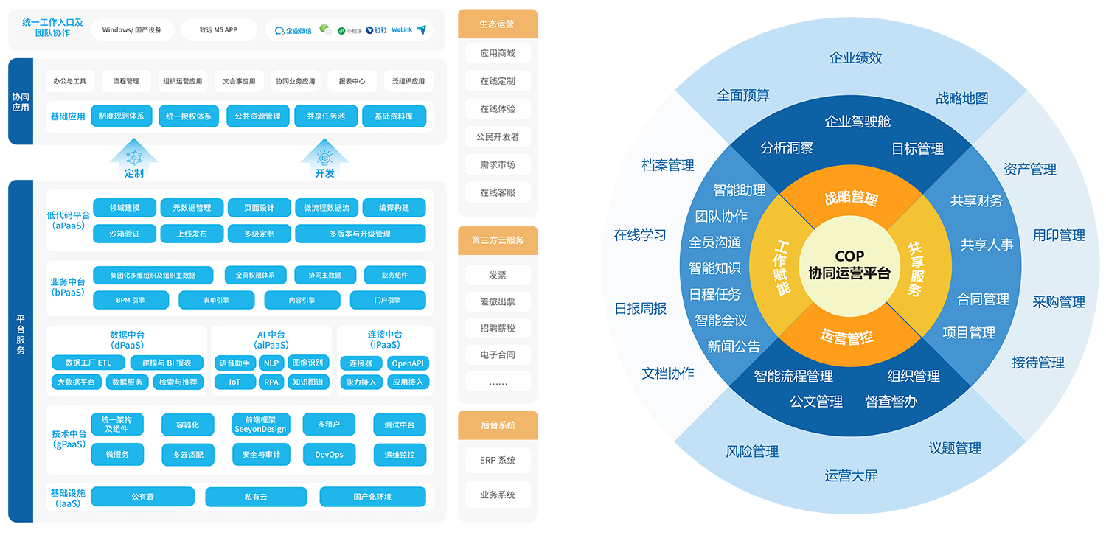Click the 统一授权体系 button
tap(188, 116)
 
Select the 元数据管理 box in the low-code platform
tap(192, 208)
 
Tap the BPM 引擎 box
tap(131, 300)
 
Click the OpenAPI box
tap(408, 363)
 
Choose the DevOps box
tap(329, 455)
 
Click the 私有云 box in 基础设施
tap(256, 497)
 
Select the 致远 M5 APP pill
tap(218, 30)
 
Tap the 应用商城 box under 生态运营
tap(498, 53)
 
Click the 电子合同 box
tap(498, 354)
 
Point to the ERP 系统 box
tap(498, 460)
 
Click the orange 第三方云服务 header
tap(498, 240)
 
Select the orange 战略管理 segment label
tap(851, 198)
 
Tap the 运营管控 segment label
tap(847, 337)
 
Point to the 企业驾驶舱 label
tap(858, 122)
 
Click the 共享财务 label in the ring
tap(976, 200)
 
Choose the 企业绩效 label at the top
tap(855, 57)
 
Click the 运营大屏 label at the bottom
tap(851, 475)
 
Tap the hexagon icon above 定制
tap(134, 157)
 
